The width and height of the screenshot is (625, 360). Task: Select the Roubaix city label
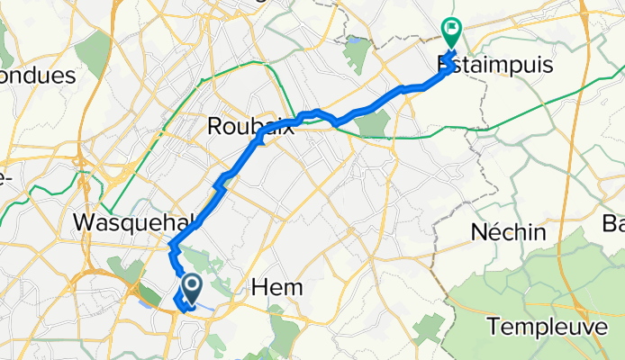pos(250,127)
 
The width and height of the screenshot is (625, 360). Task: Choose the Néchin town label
pos(509,232)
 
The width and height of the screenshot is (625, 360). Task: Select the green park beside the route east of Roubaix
pos(373,124)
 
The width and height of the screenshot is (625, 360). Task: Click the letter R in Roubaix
pos(215,127)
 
